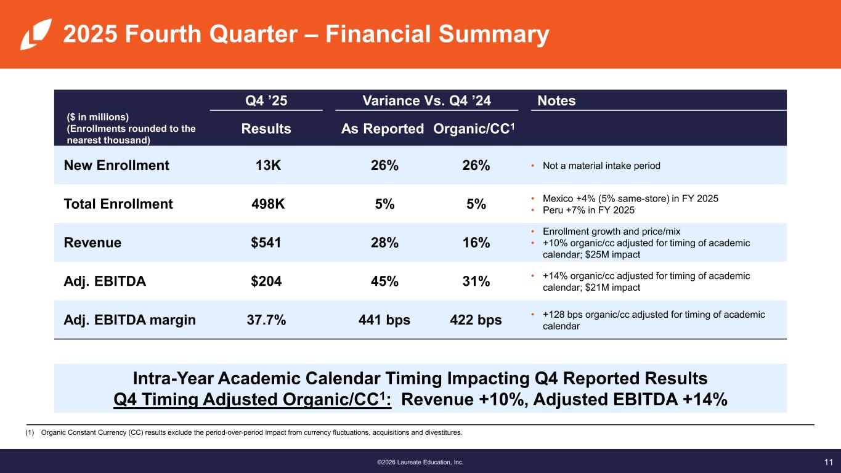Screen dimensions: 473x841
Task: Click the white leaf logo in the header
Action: (32, 34)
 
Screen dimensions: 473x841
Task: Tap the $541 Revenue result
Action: (266, 243)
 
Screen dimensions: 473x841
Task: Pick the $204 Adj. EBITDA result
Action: (266, 281)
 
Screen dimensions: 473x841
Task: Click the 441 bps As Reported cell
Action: (384, 320)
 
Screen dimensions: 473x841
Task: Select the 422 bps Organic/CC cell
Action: (476, 320)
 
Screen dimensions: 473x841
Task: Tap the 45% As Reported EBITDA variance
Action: (386, 281)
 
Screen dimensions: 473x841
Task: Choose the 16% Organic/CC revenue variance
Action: (475, 243)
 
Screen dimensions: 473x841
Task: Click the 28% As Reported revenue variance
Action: (386, 243)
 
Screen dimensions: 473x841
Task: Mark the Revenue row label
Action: (92, 243)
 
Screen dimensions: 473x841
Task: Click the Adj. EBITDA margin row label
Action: (130, 320)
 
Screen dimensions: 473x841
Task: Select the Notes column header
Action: (556, 100)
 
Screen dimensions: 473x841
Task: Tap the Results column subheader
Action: (266, 129)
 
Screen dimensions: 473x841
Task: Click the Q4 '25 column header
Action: (266, 100)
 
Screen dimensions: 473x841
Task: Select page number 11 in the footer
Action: (828, 461)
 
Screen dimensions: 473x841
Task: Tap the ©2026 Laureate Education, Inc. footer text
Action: (420, 462)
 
